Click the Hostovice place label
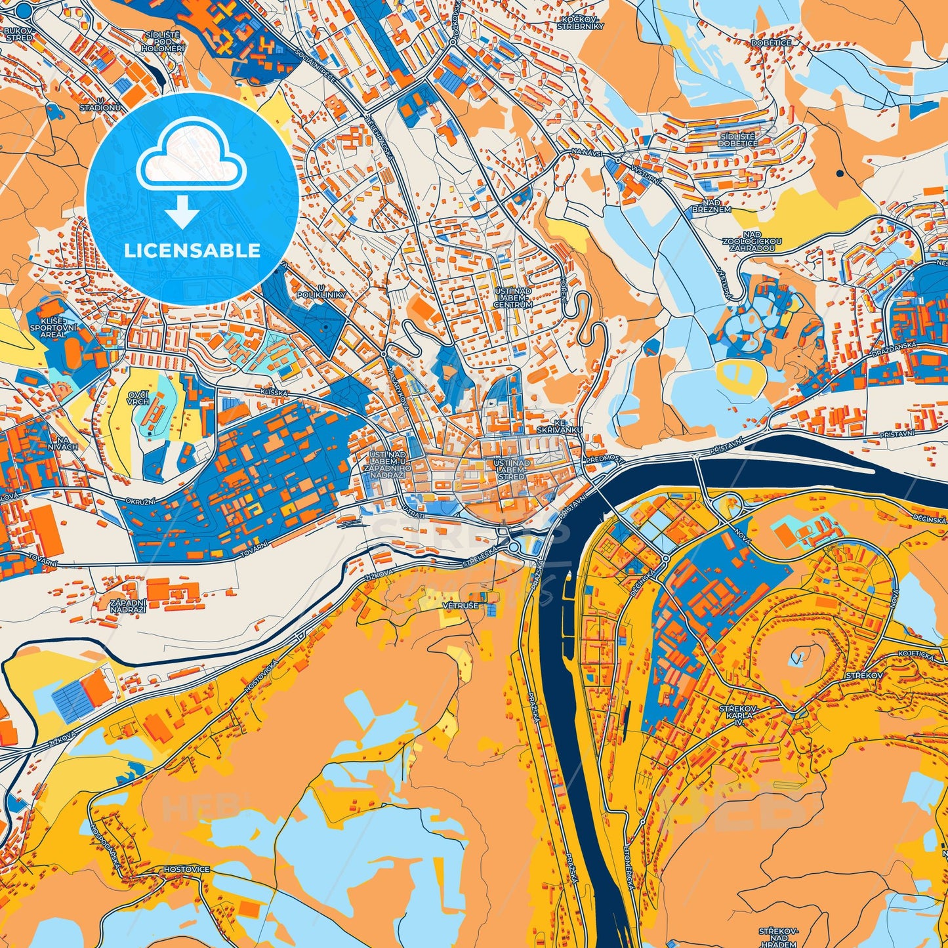tap(186, 869)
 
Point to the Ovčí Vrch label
tap(138, 398)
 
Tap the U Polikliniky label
tap(331, 291)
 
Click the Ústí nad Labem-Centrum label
tap(514, 297)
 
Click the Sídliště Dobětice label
tap(737, 139)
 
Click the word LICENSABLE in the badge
tap(192, 250)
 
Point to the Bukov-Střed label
tap(18, 34)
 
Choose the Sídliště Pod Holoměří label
tap(159, 43)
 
